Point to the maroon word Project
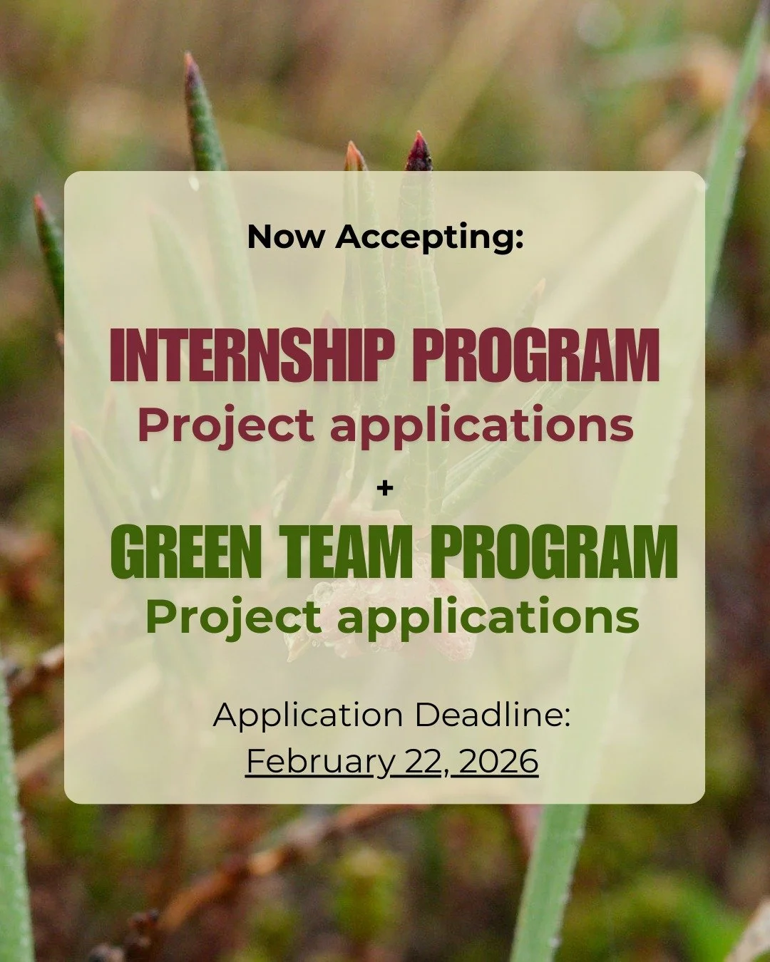pyautogui.click(x=226, y=425)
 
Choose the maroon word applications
pyautogui.click(x=482, y=425)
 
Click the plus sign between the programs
pyautogui.click(x=385, y=489)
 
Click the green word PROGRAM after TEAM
pyautogui.click(x=554, y=552)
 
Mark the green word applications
pyautogui.click(x=488, y=618)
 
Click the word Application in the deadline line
pyautogui.click(x=308, y=715)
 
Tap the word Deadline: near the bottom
pyautogui.click(x=493, y=715)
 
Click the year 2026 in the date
pyautogui.click(x=498, y=761)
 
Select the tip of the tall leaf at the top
pyautogui.click(x=190, y=64)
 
